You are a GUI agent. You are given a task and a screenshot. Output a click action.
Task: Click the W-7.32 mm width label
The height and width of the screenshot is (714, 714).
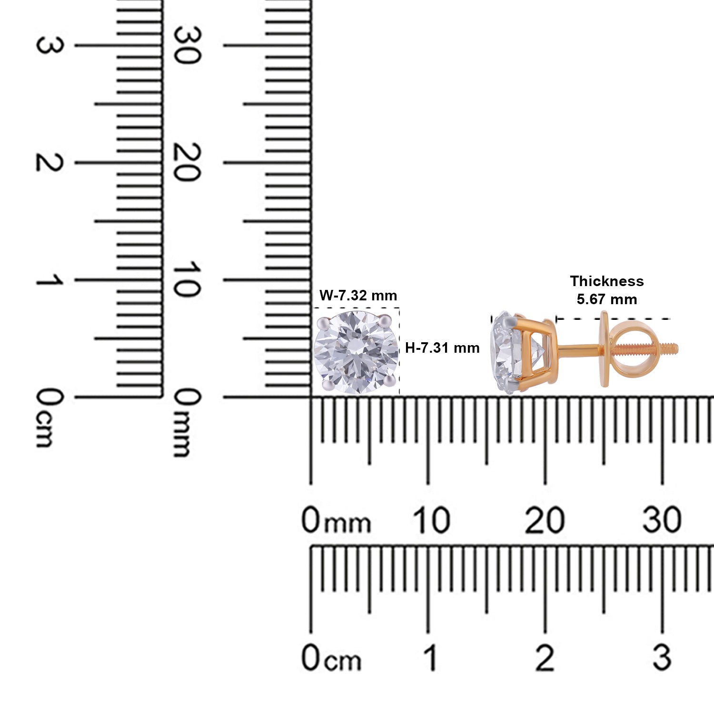coord(358,296)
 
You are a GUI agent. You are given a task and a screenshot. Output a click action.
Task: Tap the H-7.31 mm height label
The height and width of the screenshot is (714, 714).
coord(442,348)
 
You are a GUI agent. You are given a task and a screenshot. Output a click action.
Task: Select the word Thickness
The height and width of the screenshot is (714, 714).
coord(607,281)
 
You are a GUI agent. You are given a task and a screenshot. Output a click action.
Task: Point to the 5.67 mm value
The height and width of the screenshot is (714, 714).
coord(607,299)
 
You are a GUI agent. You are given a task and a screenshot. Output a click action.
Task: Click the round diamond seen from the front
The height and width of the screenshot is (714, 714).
coord(357,352)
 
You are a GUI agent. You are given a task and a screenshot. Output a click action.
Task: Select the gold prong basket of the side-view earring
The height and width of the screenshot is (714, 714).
coord(535,352)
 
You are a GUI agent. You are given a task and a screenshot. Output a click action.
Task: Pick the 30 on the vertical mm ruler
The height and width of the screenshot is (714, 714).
coord(187,45)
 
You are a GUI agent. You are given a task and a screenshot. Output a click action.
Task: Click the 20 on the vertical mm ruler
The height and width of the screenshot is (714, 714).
coord(187,162)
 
